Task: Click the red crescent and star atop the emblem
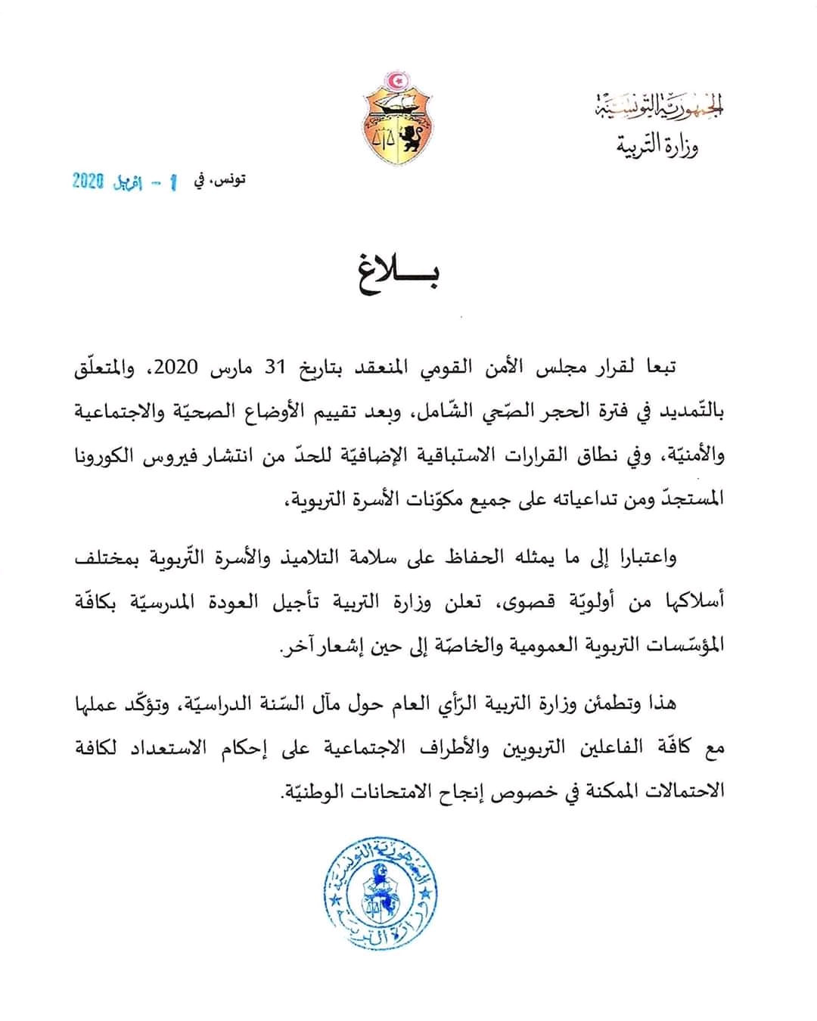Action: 395,80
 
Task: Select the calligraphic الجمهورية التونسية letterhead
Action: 657,108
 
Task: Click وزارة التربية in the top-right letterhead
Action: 657,144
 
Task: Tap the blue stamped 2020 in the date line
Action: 88,182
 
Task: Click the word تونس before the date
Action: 228,180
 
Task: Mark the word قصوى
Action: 522,603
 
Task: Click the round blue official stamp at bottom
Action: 381,892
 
